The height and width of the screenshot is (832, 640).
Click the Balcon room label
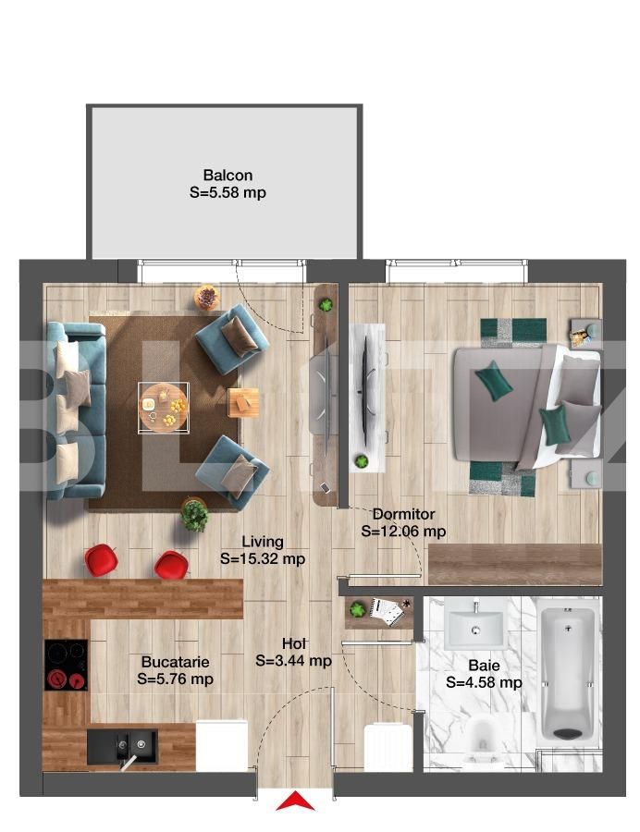click(228, 175)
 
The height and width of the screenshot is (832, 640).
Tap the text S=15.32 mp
click(263, 558)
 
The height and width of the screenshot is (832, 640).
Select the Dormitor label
click(404, 514)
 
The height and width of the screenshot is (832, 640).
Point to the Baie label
click(484, 666)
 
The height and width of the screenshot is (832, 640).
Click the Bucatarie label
click(175, 662)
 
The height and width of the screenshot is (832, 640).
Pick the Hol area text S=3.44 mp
click(293, 661)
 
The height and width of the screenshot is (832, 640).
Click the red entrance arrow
click(295, 801)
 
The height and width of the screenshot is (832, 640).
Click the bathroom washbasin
click(474, 627)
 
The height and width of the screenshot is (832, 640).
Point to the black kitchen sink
click(123, 747)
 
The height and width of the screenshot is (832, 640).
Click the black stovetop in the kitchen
click(66, 665)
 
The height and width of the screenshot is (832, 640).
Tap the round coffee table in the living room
click(163, 408)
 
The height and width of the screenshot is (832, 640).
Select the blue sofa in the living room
click(75, 410)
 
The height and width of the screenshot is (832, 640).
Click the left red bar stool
click(101, 559)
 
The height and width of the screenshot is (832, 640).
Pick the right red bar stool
click(172, 565)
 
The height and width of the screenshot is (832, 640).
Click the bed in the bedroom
click(526, 407)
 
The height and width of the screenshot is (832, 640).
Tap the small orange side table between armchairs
click(244, 403)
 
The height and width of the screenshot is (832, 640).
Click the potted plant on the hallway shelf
click(359, 609)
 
